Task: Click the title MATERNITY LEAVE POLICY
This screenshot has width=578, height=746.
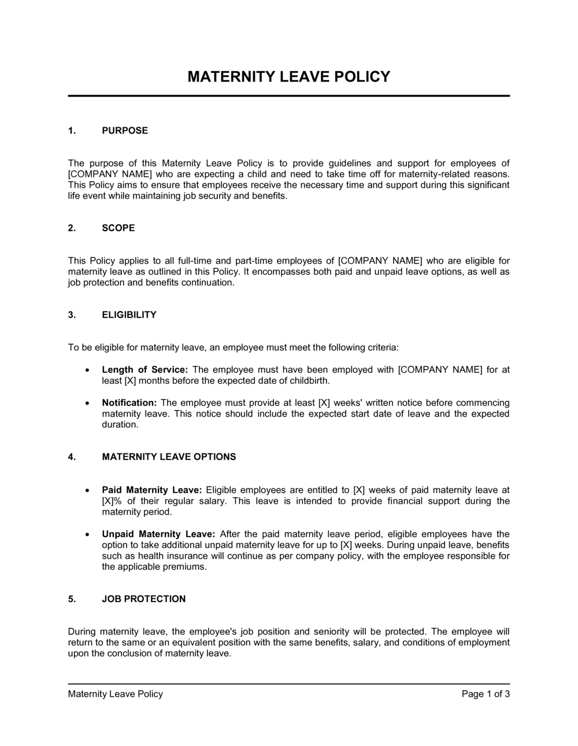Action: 289,76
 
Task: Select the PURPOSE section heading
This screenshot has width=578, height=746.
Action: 125,131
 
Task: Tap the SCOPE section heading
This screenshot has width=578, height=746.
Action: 118,228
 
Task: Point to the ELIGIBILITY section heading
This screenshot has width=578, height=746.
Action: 129,315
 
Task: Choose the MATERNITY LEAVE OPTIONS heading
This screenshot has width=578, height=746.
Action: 169,457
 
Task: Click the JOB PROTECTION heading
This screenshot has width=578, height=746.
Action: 144,599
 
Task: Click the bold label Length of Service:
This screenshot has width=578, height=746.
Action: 144,370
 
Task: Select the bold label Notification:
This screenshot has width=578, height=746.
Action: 129,403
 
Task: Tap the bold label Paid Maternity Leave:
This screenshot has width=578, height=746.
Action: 151,490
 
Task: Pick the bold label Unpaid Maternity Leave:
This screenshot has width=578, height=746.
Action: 158,534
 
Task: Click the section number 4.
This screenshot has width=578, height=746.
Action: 72,457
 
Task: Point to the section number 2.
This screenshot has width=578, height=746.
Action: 72,228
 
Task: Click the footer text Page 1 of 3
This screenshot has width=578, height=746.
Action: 486,694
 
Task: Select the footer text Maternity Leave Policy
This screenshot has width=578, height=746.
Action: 116,694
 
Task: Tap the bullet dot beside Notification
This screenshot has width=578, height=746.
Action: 87,403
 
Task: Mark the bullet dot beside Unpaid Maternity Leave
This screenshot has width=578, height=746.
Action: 87,534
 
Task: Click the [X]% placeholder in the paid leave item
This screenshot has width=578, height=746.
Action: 112,501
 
